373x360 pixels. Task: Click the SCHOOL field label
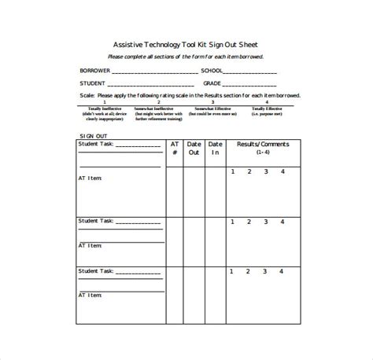(x=213, y=72)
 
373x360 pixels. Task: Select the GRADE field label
(x=212, y=83)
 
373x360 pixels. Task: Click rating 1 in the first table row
(x=233, y=171)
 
